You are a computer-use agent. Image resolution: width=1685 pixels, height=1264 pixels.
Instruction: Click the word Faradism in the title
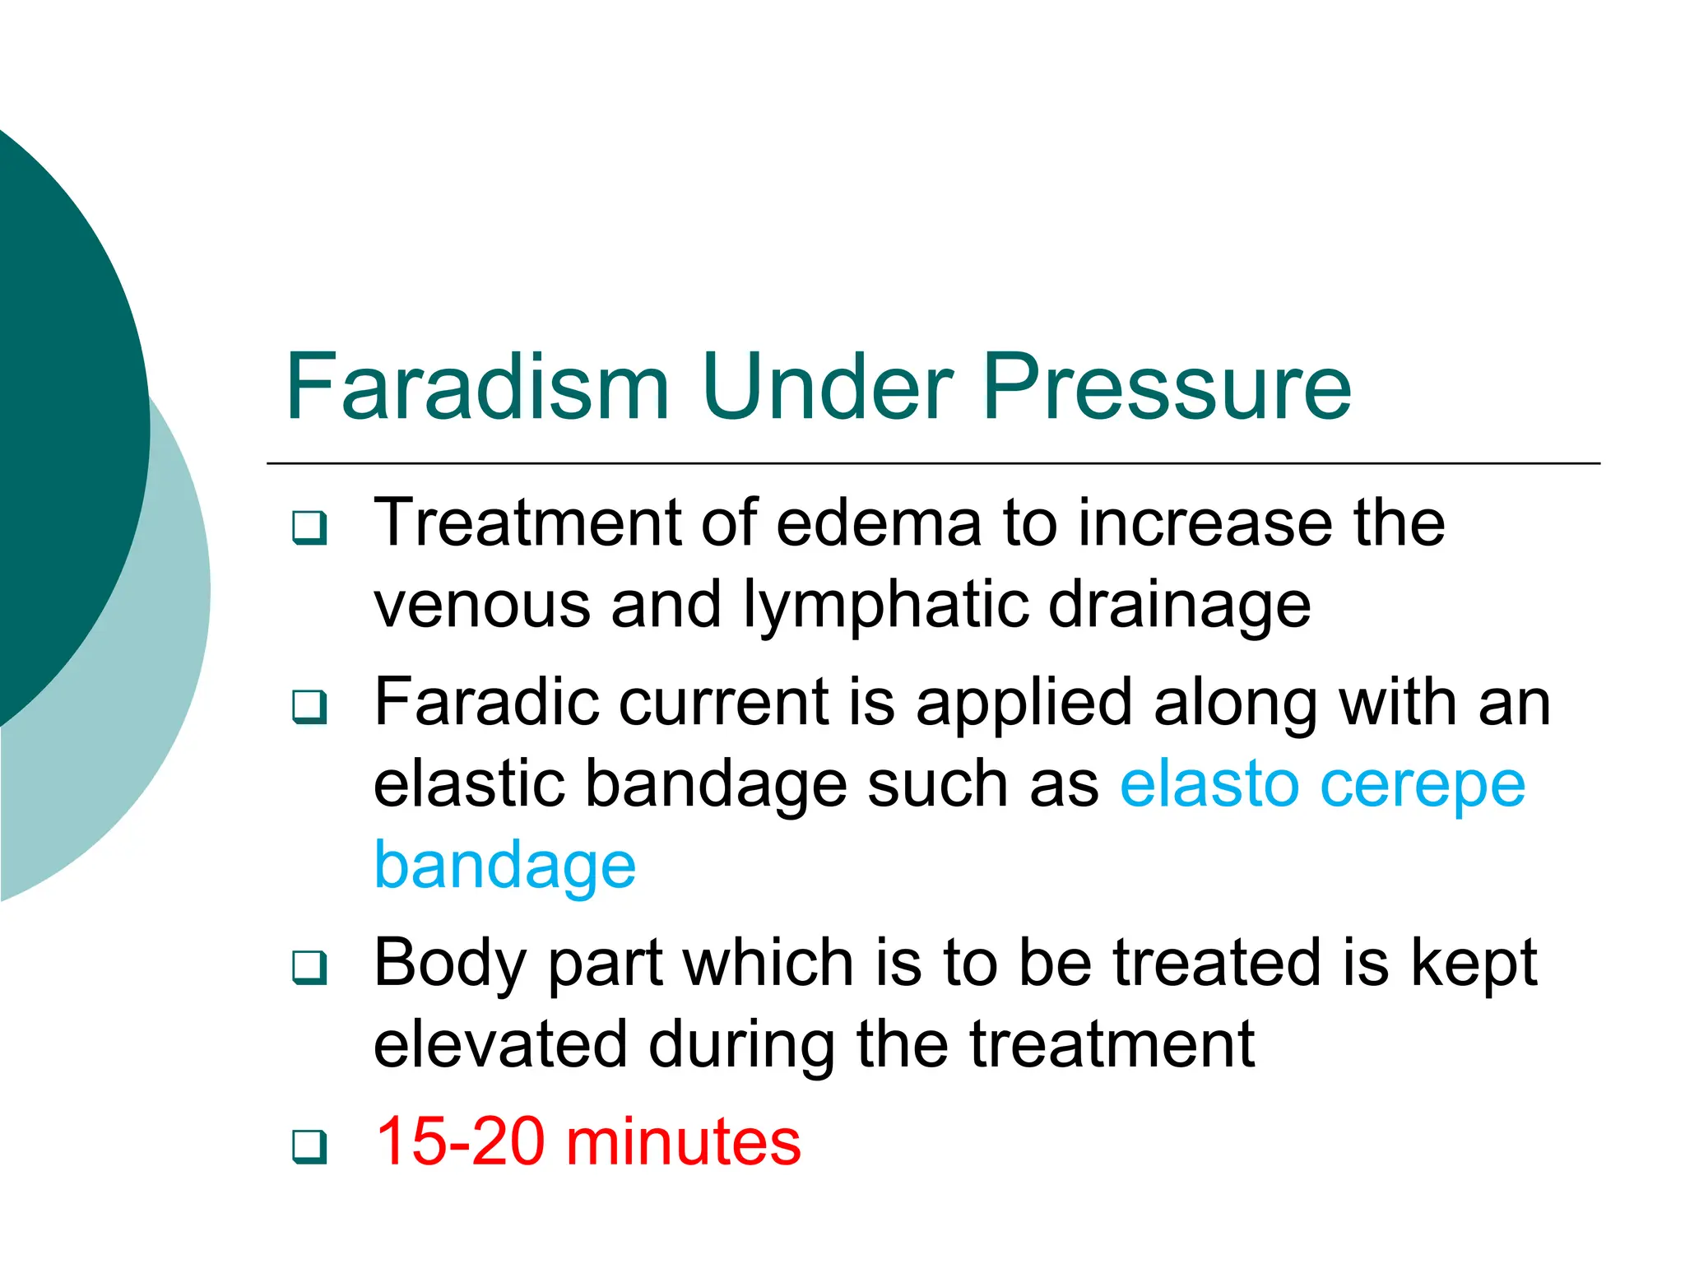click(477, 387)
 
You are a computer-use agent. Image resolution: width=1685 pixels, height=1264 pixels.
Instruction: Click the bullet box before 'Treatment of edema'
click(309, 527)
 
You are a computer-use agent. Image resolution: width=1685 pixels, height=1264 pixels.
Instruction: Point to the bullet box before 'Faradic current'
click(309, 707)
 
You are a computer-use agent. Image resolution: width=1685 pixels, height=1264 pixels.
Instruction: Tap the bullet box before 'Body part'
click(309, 968)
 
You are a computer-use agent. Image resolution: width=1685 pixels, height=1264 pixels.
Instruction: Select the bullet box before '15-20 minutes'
click(309, 1146)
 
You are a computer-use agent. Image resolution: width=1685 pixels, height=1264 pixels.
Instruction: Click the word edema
click(878, 523)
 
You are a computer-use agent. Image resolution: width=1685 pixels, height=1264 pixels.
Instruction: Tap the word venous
click(482, 606)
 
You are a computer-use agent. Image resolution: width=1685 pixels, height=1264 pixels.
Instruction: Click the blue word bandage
click(505, 867)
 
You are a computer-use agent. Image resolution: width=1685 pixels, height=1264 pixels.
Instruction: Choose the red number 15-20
click(461, 1141)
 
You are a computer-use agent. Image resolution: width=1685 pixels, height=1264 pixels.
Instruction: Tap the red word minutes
click(684, 1141)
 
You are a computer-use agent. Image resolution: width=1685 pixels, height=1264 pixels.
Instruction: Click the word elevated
click(499, 1044)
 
